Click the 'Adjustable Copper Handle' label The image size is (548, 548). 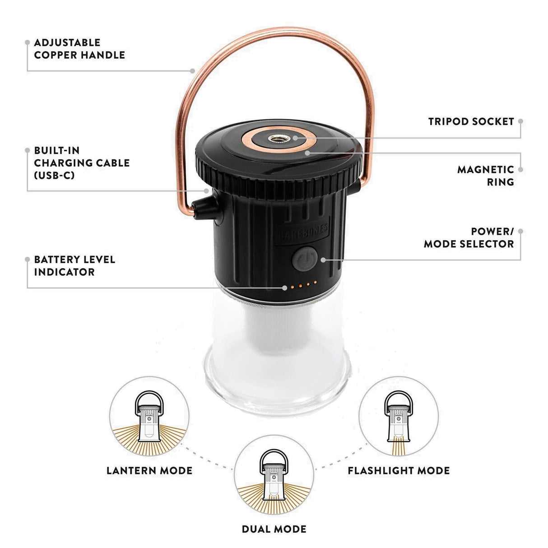click(79, 49)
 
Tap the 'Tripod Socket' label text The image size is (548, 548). click(471, 121)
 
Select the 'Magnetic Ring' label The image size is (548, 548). click(485, 176)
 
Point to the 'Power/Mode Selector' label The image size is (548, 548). click(469, 237)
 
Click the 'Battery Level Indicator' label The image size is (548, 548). click(74, 265)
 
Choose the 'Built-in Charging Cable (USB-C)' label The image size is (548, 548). click(81, 163)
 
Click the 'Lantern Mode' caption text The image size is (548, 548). click(149, 470)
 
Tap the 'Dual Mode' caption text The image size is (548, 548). click(274, 529)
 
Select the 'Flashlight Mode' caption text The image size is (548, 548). click(399, 470)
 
